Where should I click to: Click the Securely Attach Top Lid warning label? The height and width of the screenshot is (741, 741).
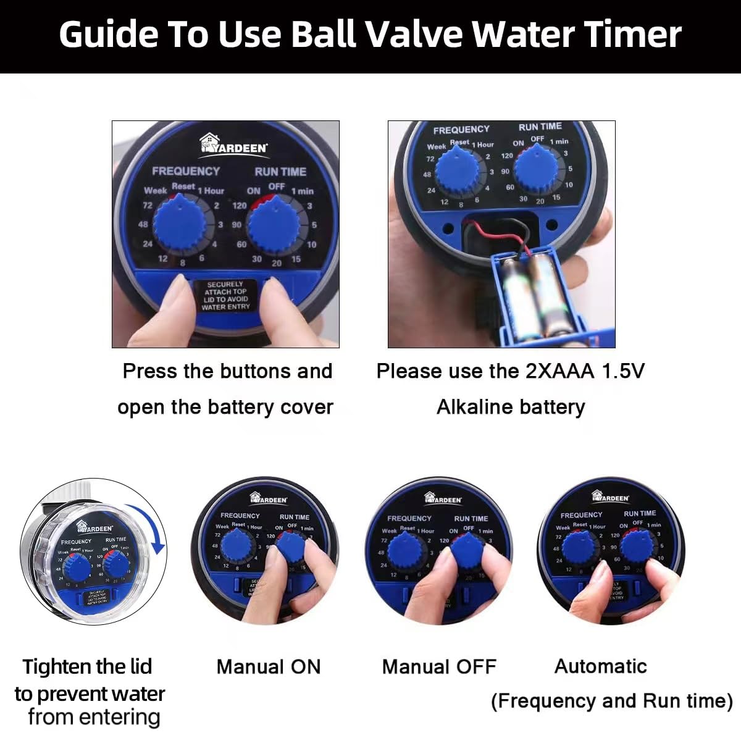click(x=225, y=296)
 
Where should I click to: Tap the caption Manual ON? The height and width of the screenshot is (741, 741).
click(x=269, y=667)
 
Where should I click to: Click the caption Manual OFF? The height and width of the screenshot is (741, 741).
click(x=439, y=667)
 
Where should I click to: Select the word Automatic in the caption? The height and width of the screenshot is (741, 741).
click(x=600, y=666)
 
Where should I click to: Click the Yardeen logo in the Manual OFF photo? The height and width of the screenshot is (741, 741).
click(x=443, y=498)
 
